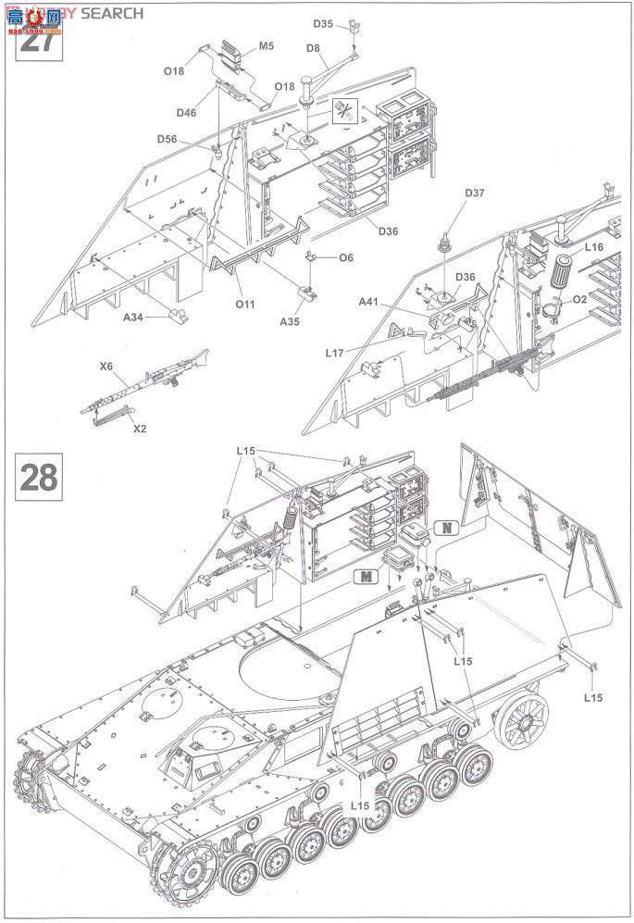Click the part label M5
point(267,44)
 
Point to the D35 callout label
point(323,23)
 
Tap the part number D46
point(187,112)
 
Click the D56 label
point(167,139)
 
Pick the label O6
point(346,257)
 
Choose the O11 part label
point(244,302)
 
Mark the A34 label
point(135,316)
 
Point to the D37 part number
point(474,193)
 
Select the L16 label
point(593,247)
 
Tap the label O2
point(606,299)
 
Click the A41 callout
point(370,301)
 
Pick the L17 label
point(335,352)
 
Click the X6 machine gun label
point(106,367)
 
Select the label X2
point(140,429)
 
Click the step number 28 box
point(39,478)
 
